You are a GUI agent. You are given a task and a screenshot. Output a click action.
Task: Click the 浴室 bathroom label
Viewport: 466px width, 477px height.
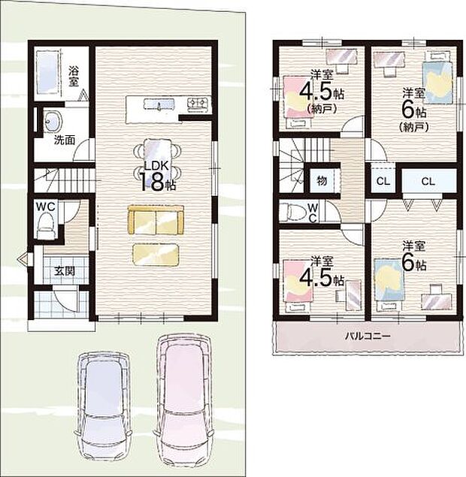point(74,77)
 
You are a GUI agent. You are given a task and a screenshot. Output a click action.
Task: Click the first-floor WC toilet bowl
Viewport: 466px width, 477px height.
point(46,225)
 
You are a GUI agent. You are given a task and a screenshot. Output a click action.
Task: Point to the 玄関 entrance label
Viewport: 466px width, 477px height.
point(65,270)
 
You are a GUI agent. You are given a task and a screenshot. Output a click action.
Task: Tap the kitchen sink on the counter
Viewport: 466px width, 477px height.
point(159,104)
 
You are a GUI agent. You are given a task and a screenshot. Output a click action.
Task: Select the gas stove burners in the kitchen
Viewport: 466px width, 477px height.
point(198,104)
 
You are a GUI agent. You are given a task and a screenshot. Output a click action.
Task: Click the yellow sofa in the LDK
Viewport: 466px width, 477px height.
point(156,220)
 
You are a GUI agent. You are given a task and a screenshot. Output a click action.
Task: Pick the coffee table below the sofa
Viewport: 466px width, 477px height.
point(156,255)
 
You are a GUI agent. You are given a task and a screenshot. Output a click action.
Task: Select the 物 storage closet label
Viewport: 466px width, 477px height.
point(322,181)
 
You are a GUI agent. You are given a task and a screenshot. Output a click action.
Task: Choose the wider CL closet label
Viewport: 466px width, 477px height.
point(428,182)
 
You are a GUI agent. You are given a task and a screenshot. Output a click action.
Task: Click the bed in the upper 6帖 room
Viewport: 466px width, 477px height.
point(437,78)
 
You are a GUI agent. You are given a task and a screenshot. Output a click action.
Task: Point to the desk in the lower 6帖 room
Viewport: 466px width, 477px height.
point(436,297)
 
